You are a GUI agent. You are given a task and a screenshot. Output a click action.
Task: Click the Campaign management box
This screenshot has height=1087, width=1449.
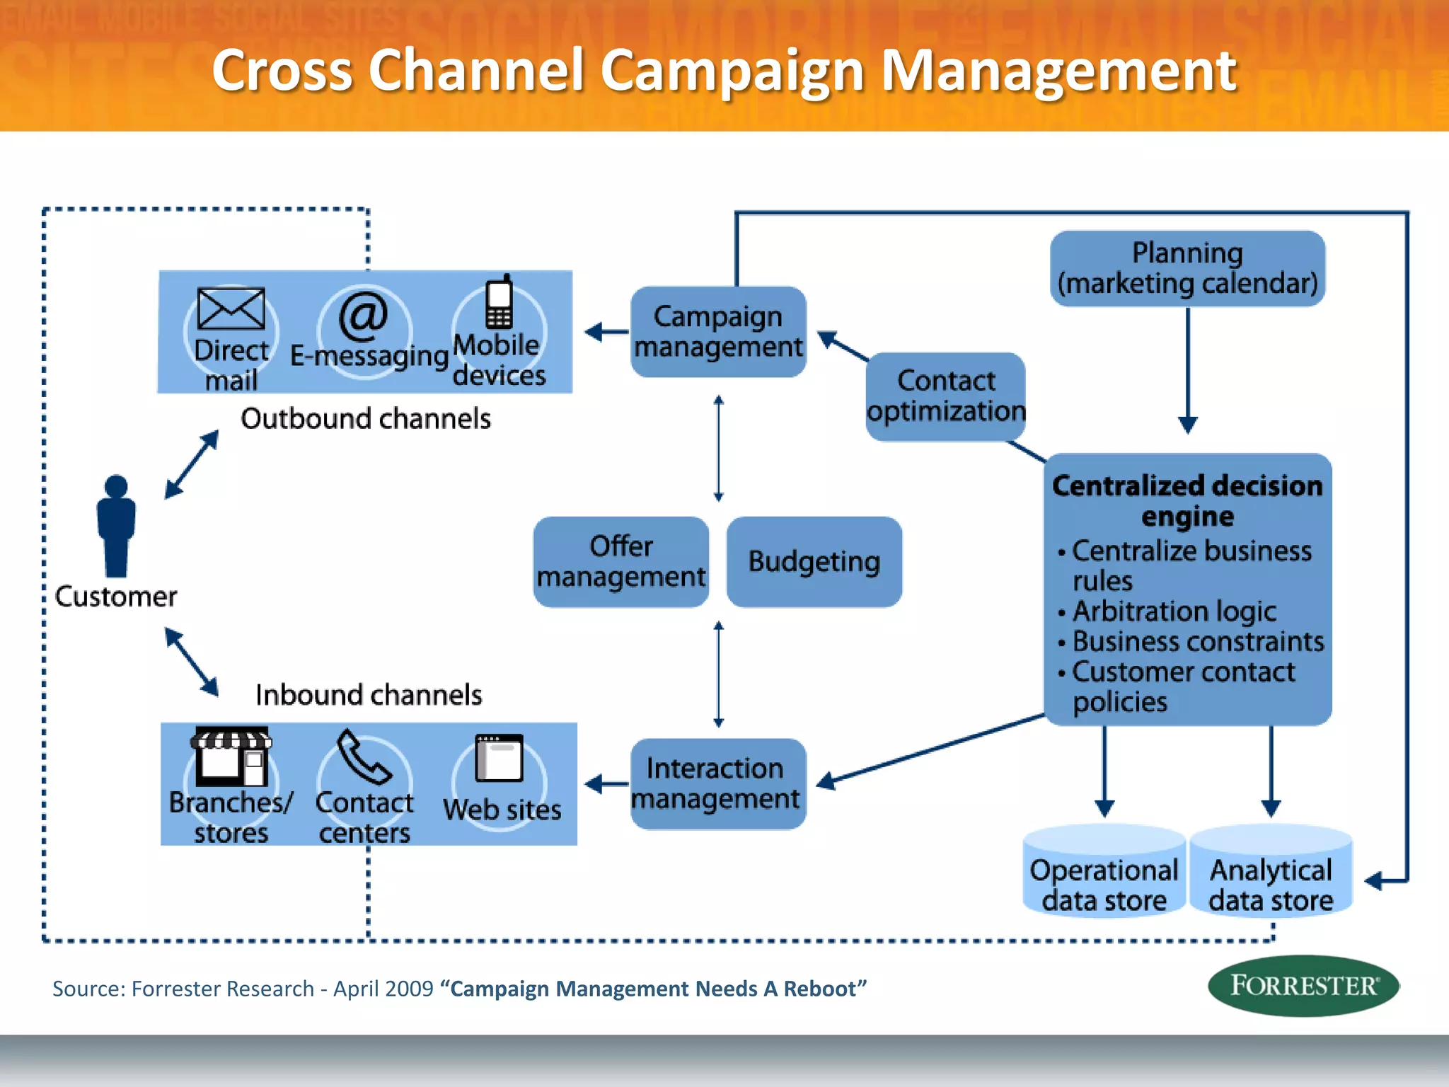pyautogui.click(x=718, y=331)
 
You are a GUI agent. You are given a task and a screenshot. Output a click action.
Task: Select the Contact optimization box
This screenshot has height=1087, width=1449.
pyautogui.click(x=945, y=396)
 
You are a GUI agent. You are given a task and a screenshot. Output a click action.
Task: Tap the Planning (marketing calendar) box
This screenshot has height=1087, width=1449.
pyautogui.click(x=1187, y=268)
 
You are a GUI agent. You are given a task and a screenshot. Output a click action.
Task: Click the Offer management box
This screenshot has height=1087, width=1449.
pyautogui.click(x=620, y=561)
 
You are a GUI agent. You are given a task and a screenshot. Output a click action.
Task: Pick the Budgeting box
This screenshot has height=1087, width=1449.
pyautogui.click(x=814, y=561)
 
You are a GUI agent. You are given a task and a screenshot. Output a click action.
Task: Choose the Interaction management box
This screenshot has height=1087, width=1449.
pyautogui.click(x=717, y=783)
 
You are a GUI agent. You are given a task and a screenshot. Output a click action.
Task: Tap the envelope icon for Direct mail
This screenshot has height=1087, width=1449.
pyautogui.click(x=231, y=309)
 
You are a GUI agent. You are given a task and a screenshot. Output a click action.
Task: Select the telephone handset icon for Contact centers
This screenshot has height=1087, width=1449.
pyautogui.click(x=364, y=757)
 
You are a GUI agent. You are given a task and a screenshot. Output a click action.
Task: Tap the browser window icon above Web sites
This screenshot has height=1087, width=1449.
pyautogui.click(x=499, y=757)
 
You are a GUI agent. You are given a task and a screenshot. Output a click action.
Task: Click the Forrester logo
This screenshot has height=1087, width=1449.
pyautogui.click(x=1303, y=986)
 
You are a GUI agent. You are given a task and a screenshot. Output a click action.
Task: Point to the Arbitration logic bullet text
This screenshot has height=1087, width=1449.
pyautogui.click(x=1174, y=611)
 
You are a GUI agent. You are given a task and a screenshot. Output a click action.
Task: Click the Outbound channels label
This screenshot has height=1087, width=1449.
pyautogui.click(x=365, y=419)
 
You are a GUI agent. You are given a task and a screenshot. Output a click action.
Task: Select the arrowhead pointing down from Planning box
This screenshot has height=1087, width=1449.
pyautogui.click(x=1187, y=425)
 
